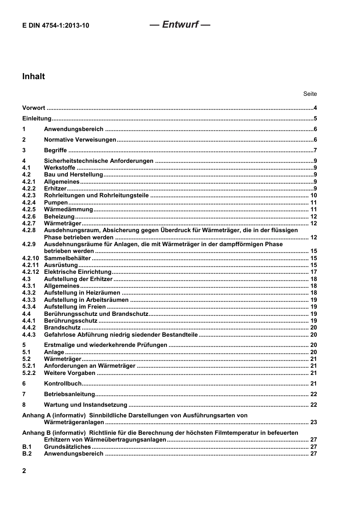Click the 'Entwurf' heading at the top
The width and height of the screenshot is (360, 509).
(x=180, y=25)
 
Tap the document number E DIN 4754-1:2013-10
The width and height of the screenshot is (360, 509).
(x=56, y=26)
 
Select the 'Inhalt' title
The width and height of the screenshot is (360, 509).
(x=33, y=77)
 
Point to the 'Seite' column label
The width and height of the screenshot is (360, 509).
(x=310, y=94)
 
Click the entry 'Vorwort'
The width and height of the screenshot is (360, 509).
(x=33, y=108)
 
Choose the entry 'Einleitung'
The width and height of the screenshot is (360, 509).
(x=37, y=119)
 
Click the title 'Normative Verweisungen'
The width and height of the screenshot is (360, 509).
(x=80, y=140)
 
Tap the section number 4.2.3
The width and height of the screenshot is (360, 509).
(x=29, y=195)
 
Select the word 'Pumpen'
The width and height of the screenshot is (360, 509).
(x=56, y=203)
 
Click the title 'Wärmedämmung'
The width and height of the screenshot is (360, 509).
(x=68, y=209)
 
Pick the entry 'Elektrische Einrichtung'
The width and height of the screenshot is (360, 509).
(x=78, y=272)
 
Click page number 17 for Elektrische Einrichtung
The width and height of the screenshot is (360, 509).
(x=313, y=272)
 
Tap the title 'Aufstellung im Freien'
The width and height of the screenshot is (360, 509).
(x=75, y=307)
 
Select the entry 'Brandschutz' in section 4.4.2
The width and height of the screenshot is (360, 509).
(x=62, y=328)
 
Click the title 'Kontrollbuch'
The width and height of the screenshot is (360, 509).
(x=63, y=384)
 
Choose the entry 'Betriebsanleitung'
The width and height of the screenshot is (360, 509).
(x=69, y=394)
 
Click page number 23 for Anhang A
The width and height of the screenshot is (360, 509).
(x=313, y=422)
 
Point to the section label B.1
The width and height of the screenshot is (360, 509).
(x=27, y=447)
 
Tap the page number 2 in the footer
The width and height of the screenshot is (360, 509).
(x=24, y=471)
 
